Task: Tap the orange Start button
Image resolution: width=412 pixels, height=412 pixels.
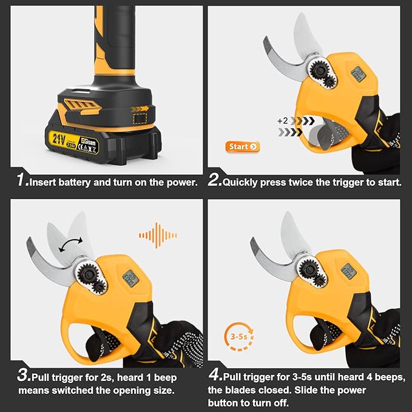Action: (243, 146)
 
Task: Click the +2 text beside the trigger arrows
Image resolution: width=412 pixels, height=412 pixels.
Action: (282, 121)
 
